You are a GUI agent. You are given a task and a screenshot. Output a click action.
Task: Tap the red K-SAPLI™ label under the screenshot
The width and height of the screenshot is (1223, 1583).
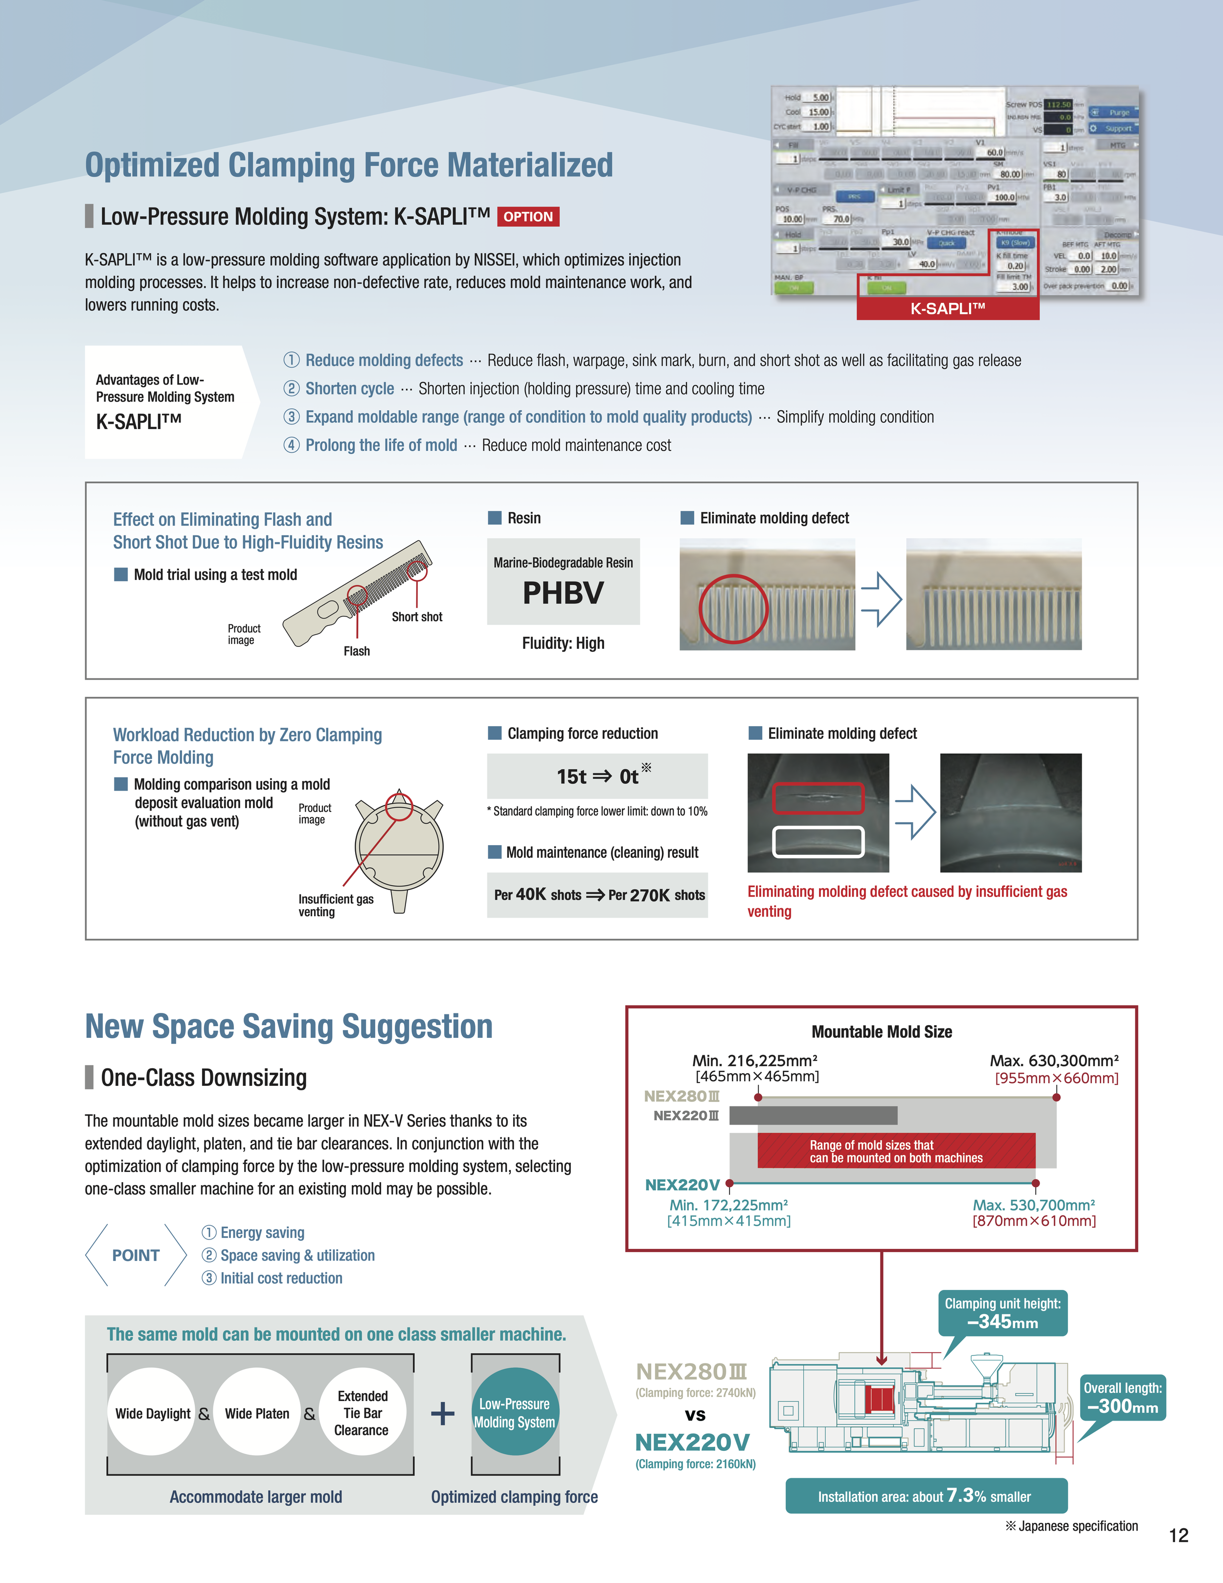[x=947, y=309]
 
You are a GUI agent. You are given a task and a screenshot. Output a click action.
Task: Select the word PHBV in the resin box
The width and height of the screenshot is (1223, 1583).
[x=563, y=593]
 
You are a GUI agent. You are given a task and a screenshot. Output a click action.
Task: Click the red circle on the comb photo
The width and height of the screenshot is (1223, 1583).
[x=733, y=609]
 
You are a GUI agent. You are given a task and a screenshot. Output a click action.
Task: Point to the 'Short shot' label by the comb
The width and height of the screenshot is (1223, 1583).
[x=417, y=617]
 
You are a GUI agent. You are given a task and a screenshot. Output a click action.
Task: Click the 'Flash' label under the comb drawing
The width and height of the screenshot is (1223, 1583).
[x=357, y=651]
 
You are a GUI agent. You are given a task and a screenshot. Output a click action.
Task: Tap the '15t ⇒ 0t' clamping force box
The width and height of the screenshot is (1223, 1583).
[x=597, y=776]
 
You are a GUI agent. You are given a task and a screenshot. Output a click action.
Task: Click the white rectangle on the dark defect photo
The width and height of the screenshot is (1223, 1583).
[x=818, y=842]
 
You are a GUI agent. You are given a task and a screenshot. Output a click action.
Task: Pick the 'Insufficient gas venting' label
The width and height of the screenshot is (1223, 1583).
[x=336, y=905]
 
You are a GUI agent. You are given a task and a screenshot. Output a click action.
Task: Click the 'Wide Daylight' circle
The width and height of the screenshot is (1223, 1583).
[x=152, y=1413]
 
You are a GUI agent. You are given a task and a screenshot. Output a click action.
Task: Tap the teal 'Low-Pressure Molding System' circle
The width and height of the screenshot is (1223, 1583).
[x=515, y=1413]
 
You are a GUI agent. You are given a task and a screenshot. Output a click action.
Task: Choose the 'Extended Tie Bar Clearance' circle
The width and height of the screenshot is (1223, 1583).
[x=362, y=1413]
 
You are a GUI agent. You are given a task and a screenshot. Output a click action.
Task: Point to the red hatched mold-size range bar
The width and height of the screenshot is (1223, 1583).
[x=896, y=1151]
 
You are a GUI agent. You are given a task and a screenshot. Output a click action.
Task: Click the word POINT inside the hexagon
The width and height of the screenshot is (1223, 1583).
[x=136, y=1255]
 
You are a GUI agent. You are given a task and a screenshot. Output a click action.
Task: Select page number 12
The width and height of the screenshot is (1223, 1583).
[x=1178, y=1535]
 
